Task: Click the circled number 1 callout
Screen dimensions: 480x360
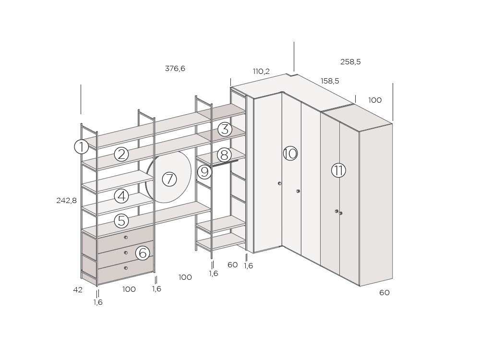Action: pos(82,146)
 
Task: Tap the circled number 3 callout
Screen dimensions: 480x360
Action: pos(225,129)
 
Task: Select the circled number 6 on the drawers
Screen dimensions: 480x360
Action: pos(143,253)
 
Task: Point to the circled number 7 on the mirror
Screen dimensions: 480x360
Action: pos(169,179)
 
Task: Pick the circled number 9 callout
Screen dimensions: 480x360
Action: pos(205,172)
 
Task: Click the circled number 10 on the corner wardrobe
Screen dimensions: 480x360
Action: pos(290,153)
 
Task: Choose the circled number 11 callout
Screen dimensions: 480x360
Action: pos(338,170)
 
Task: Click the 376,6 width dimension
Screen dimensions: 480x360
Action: pos(175,69)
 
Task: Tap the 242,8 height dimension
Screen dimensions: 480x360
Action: pos(66,201)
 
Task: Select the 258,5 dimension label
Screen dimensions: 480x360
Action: pos(350,62)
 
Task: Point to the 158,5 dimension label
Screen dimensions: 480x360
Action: pos(330,81)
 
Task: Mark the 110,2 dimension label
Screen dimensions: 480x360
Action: pos(261,72)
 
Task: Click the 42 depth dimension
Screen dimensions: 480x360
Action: pos(78,289)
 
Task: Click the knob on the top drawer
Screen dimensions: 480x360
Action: pos(126,237)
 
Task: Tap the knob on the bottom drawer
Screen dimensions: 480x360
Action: pos(126,268)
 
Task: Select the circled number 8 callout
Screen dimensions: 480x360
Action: pos(224,155)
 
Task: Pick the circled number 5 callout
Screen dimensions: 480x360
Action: pos(121,221)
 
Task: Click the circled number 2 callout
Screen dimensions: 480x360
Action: pos(121,154)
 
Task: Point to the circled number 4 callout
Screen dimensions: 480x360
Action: pos(121,196)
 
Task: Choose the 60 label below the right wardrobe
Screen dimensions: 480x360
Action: pos(384,293)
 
